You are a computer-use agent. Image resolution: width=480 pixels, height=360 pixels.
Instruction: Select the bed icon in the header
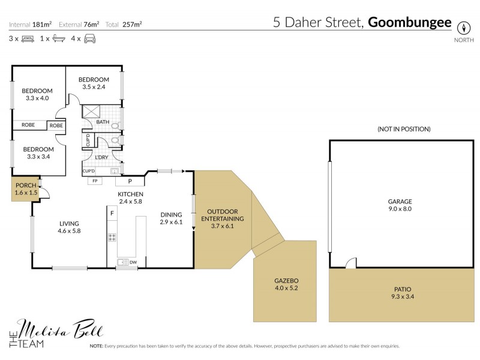pyautogui.click(x=27, y=39)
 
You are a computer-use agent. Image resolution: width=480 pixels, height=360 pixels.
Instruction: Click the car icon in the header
pyautogui.click(x=90, y=39)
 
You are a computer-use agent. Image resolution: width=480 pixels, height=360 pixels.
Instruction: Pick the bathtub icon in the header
pyautogui.click(x=58, y=39)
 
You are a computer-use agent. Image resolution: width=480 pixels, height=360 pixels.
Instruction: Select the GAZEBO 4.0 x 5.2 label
pyautogui.click(x=286, y=284)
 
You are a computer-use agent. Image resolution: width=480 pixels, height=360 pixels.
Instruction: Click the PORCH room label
pyautogui.click(x=26, y=189)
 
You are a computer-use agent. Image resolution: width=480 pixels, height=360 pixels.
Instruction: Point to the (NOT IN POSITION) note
pyautogui.click(x=404, y=130)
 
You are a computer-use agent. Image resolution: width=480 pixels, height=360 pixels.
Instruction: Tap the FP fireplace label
pyautogui.click(x=95, y=180)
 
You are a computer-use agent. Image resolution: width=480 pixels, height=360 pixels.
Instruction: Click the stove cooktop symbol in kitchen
pyautogui.click(x=112, y=237)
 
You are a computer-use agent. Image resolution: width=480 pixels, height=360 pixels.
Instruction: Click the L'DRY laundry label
pyautogui.click(x=101, y=157)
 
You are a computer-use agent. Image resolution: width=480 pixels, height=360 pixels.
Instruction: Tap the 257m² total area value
pyautogui.click(x=132, y=25)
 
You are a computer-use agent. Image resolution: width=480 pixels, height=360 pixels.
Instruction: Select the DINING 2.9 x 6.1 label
pyautogui.click(x=172, y=218)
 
